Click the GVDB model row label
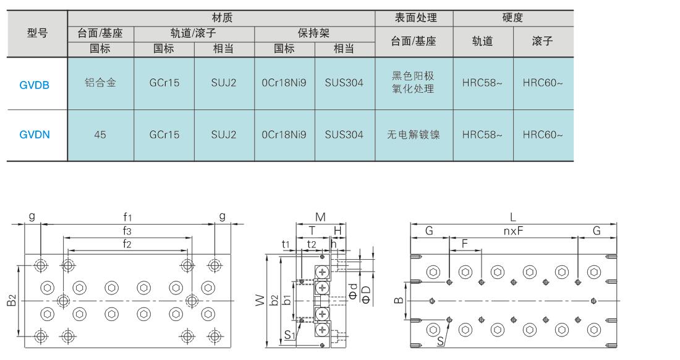pos(34,85)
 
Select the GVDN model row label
pos(34,134)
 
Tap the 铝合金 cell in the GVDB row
pos(100,82)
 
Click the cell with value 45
pos(100,134)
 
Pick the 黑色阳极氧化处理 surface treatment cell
pos(414,82)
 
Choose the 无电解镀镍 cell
pos(414,134)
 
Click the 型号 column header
pos(37,33)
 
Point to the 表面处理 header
pos(415,18)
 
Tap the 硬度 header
pos(512,18)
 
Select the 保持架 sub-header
pos(314,33)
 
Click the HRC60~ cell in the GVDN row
pos(543,134)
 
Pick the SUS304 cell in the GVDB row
pos(344,82)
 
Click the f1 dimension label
pos(127,217)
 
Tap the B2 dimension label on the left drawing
pos(12,300)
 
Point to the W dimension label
pos(260,300)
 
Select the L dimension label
pos(512,217)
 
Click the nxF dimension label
pos(513,231)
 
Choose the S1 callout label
pos(290,335)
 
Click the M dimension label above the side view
pos(320,217)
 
